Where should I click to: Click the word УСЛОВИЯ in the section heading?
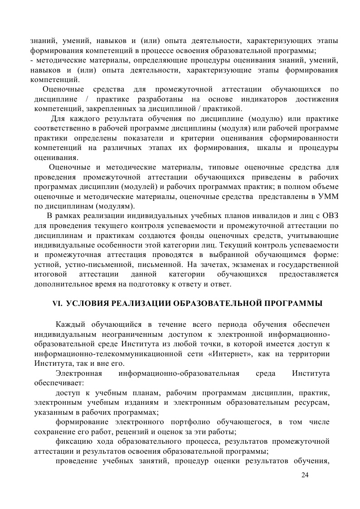click(x=88, y=304)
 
